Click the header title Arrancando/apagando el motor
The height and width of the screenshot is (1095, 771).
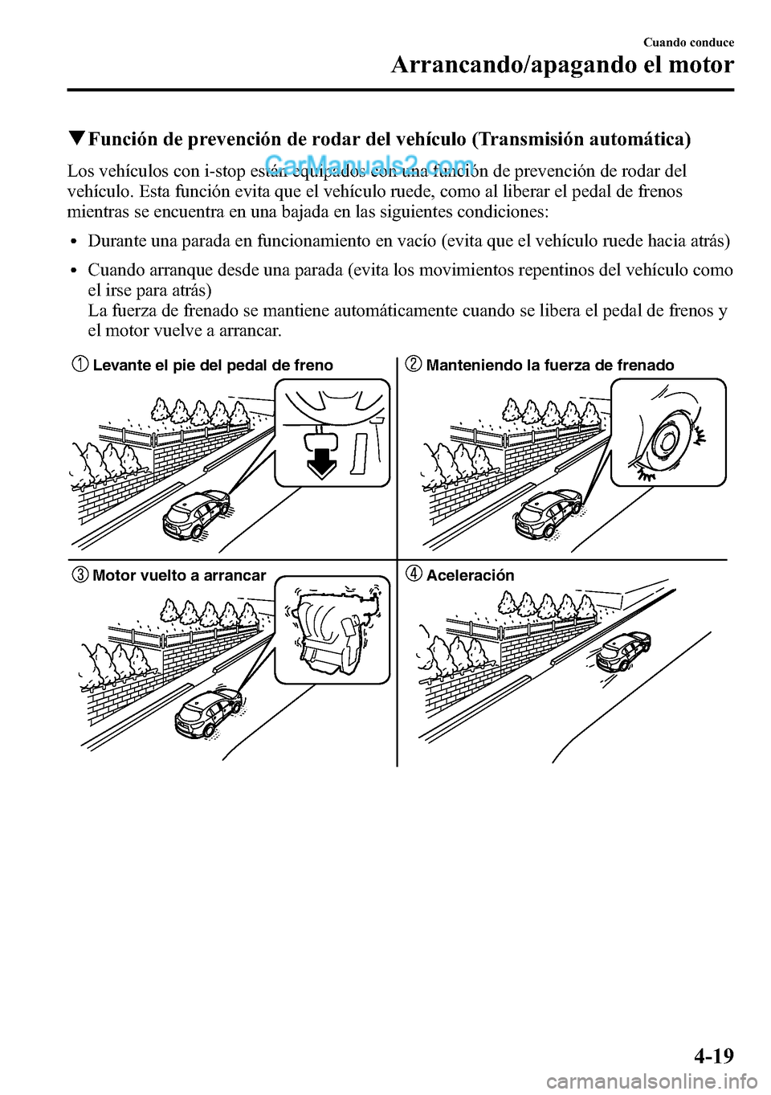[562, 65]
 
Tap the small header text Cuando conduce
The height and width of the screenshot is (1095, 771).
[688, 43]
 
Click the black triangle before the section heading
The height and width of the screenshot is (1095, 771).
[76, 139]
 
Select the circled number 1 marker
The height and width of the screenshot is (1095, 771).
[82, 365]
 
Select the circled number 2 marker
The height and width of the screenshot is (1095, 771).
[413, 365]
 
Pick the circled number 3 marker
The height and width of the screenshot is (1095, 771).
[82, 575]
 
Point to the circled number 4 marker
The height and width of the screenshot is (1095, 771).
[413, 574]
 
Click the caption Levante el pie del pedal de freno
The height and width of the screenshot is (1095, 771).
[213, 366]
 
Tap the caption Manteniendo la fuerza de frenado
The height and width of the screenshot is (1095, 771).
[550, 366]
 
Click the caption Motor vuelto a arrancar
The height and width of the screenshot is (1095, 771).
[179, 575]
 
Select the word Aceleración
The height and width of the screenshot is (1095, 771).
[470, 575]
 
